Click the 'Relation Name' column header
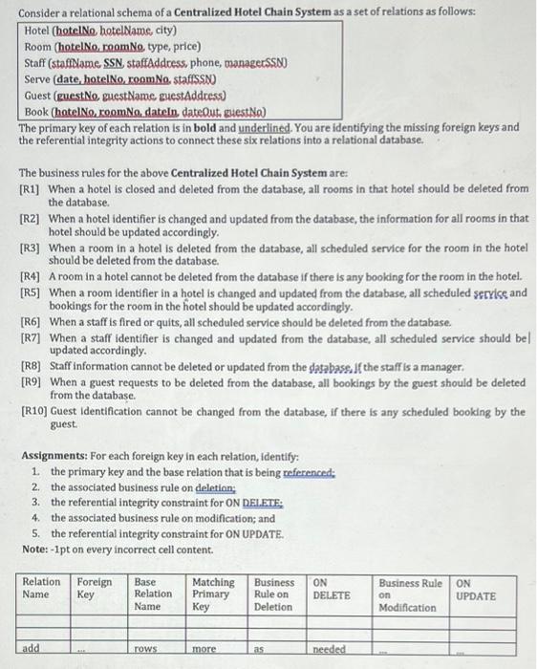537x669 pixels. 41,588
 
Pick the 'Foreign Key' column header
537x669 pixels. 94,588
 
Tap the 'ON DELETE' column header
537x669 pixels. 333,588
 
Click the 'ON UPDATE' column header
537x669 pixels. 477,588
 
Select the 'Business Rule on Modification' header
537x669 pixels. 410,593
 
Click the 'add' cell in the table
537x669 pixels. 32,648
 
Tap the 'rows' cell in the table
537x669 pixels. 145,648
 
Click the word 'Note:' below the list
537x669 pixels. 35,549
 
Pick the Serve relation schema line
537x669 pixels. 120,80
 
